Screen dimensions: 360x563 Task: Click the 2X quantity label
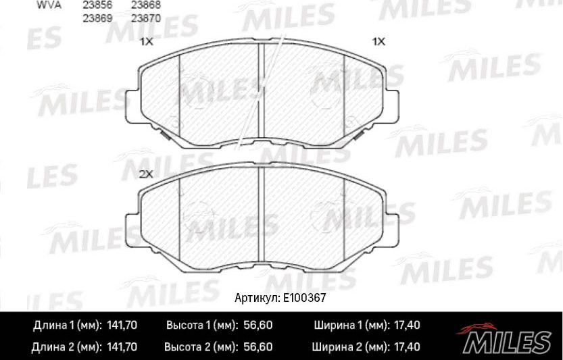tap(146, 174)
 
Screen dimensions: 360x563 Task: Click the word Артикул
tap(255, 297)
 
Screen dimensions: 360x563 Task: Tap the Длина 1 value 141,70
tap(122, 326)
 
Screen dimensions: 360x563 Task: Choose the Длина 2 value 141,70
tap(122, 348)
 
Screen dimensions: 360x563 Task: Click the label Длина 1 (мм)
tap(67, 326)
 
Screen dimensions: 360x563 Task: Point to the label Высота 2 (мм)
tap(201, 348)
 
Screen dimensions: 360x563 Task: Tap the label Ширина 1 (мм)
tap(349, 326)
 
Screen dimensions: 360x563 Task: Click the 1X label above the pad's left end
tap(146, 41)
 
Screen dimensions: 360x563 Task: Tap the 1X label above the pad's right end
tap(378, 41)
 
